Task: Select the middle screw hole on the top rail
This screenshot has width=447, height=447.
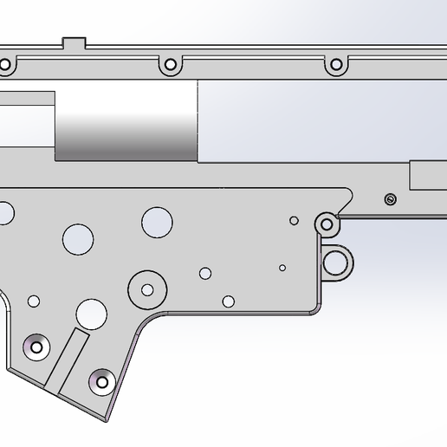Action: coord(170,64)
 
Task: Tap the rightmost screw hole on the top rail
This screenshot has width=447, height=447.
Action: coord(334,64)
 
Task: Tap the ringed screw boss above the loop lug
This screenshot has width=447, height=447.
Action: coord(327,224)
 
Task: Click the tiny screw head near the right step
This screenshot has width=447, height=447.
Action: coord(390,200)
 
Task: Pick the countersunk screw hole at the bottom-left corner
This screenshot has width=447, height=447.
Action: coord(36,347)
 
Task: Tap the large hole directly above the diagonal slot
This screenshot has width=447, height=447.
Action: coord(90,313)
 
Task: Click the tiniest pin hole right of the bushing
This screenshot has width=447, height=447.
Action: coord(282,268)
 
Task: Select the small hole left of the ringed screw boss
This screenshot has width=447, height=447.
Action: coord(295,221)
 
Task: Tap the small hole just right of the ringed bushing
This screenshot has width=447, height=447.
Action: coord(205,274)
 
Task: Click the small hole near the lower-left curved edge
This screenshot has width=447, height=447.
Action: coord(34,301)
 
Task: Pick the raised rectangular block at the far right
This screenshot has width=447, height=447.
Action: coord(428,176)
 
